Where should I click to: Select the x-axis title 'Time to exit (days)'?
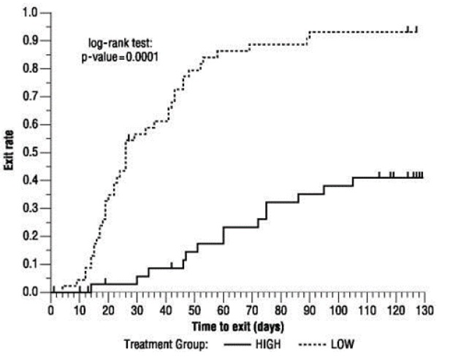237,323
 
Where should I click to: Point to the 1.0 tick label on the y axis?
31,12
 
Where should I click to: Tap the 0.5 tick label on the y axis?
31,152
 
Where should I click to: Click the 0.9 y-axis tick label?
31,40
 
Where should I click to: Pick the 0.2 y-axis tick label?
31,236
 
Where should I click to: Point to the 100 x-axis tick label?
338,310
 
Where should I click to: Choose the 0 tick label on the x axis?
50,310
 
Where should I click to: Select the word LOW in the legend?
341,343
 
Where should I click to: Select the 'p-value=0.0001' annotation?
120,56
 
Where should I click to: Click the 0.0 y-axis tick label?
31,292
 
